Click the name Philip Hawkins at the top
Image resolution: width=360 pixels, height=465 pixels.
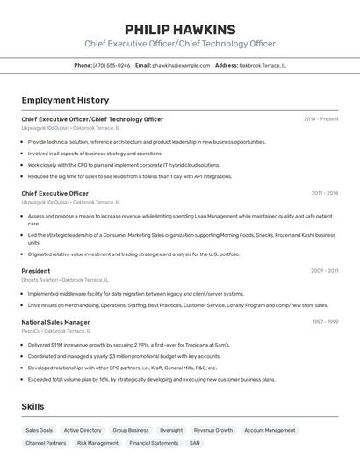coord(180,29)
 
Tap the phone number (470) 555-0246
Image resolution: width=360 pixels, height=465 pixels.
coord(112,65)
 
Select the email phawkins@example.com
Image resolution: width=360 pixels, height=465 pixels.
coord(181,65)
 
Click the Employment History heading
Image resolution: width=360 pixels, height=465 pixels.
coord(65,100)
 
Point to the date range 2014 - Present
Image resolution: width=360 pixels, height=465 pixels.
coord(320,118)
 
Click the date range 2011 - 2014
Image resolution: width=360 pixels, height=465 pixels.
coord(324,193)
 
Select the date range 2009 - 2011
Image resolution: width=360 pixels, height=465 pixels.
coord(324,271)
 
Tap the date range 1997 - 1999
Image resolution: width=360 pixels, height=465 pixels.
coord(325,322)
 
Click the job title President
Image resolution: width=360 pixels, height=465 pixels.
coord(36,271)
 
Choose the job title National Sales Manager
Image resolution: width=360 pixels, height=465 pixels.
coord(55,322)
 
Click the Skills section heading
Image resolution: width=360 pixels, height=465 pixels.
coord(32,407)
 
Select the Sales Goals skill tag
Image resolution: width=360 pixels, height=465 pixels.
coord(39,431)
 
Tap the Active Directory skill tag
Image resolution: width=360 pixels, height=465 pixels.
coord(83,431)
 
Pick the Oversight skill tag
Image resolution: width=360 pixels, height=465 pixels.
coord(171,431)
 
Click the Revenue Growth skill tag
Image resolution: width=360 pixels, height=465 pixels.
coord(213,431)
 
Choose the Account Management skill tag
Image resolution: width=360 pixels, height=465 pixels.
coord(270,431)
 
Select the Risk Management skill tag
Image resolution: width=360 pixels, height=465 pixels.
coord(97,443)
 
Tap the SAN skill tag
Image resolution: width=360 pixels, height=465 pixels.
coord(195,443)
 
